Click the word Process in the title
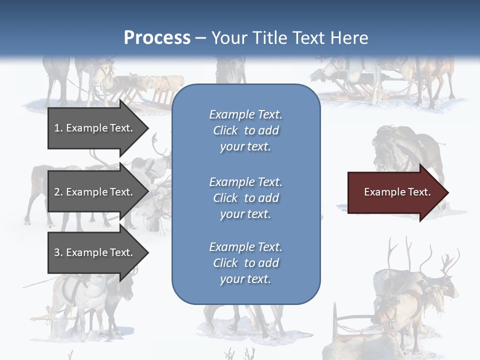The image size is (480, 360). (x=157, y=38)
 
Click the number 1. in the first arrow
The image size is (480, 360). (x=58, y=128)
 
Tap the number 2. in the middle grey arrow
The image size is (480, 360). (x=58, y=192)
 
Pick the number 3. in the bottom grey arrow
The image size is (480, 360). (x=58, y=252)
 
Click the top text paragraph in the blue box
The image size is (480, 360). (x=245, y=130)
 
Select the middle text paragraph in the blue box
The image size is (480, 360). (x=245, y=198)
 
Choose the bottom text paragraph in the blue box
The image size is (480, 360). (x=245, y=263)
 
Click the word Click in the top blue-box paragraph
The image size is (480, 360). (x=225, y=130)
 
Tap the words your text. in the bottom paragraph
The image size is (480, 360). (x=245, y=279)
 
